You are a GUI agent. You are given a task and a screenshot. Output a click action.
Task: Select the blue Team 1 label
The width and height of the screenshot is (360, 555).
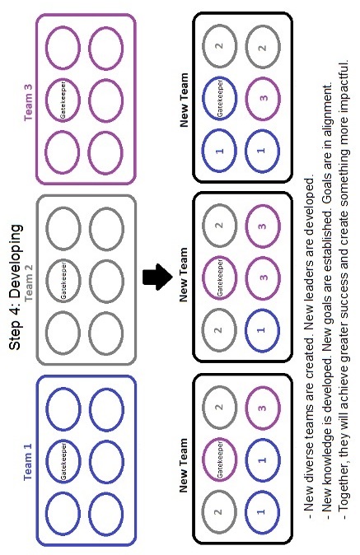(x=28, y=462)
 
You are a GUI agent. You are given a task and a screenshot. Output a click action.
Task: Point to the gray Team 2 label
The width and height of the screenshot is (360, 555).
(x=29, y=282)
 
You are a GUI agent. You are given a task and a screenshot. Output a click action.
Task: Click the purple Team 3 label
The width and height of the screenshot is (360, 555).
(x=28, y=103)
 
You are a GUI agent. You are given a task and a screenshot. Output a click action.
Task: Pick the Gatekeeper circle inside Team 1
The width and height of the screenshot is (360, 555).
(x=47, y=462)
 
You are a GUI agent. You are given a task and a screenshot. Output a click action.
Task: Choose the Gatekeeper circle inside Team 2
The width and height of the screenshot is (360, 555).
(x=47, y=280)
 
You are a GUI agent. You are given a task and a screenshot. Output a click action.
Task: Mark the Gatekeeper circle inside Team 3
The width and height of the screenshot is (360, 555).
(x=46, y=100)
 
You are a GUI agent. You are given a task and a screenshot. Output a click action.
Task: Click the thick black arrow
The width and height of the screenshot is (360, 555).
(x=157, y=277)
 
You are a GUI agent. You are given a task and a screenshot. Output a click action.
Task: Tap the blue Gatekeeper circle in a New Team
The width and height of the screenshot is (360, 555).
(x=203, y=98)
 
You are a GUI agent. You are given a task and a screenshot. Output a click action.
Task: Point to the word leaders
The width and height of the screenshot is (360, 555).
(x=310, y=278)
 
